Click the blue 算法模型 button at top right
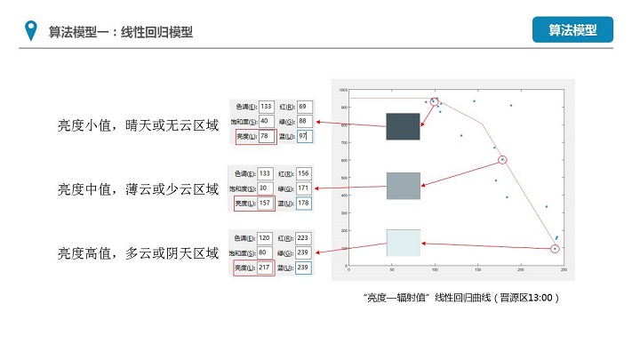[x=573, y=29]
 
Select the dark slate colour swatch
[x=403, y=126]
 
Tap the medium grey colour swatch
[x=403, y=186]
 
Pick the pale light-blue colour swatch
[x=403, y=242]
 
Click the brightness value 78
[x=267, y=136]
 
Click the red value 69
[x=304, y=106]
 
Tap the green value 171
[x=305, y=188]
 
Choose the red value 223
[x=305, y=238]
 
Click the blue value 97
[x=304, y=136]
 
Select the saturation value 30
[x=266, y=188]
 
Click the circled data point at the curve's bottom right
[x=555, y=248]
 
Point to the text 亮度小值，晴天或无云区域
[x=138, y=125]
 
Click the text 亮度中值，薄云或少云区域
[x=138, y=188]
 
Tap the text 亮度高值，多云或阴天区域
[x=138, y=253]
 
